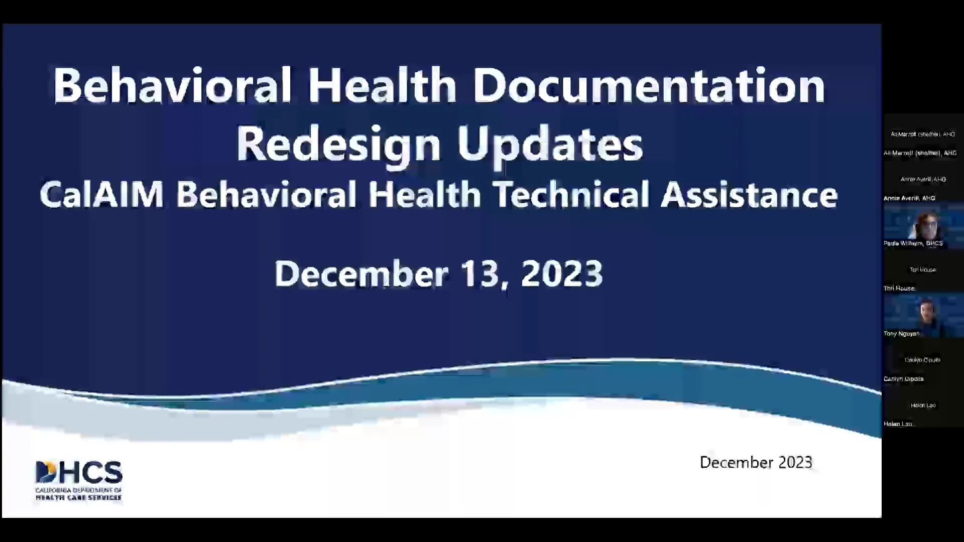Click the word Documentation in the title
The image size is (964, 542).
pos(649,85)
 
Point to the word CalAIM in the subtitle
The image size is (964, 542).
pos(102,195)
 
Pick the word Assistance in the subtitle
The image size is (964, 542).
pos(749,195)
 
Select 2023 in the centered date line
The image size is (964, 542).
pos(562,274)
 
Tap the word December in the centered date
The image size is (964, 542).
pos(361,274)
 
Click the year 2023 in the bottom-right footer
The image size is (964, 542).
pos(795,462)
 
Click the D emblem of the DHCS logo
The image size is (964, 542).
pos(46,472)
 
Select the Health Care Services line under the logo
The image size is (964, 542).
pos(78,498)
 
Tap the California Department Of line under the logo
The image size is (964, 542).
pos(78,490)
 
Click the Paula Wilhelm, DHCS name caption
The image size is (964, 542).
pos(913,243)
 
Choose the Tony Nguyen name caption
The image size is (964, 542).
pos(901,334)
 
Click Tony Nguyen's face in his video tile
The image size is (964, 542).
pos(926,312)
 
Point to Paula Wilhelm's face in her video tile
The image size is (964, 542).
pos(926,226)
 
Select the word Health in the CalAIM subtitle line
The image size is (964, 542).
pos(425,195)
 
